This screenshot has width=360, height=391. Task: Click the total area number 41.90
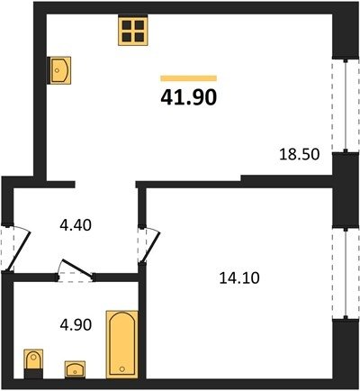(189, 97)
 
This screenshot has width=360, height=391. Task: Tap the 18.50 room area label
(300, 155)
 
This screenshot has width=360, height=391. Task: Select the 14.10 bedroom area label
(239, 277)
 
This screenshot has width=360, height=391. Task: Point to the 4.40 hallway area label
(76, 225)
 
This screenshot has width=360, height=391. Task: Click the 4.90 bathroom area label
(76, 325)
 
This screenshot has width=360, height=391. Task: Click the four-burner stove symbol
(133, 32)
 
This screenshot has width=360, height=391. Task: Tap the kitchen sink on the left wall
(60, 70)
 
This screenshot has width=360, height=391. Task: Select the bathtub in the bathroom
(122, 344)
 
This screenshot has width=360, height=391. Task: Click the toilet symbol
(33, 364)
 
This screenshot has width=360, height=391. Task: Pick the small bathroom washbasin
(75, 369)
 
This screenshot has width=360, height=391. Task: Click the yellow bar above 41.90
(189, 78)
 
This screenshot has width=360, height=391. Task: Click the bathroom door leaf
(76, 268)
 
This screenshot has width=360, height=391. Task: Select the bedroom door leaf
(151, 247)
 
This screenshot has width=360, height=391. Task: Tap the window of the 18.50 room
(346, 105)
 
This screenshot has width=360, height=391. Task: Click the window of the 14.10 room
(346, 273)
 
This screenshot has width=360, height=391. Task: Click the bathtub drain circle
(122, 369)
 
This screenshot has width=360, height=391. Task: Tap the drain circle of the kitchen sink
(57, 70)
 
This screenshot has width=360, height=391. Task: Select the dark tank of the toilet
(33, 374)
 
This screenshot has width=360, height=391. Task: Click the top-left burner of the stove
(127, 25)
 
